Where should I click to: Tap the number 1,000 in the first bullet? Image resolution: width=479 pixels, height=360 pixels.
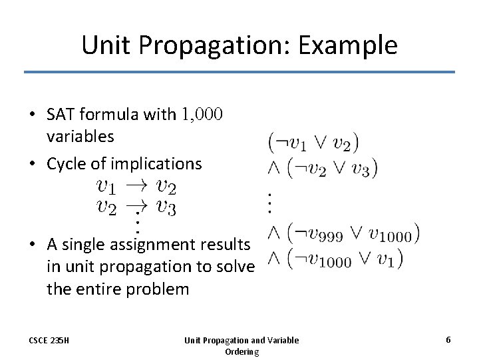[x=202, y=115]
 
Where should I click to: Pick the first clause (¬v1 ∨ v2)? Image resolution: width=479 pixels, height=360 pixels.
[x=313, y=142]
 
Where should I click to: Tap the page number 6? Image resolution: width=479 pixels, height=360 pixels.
[x=448, y=340]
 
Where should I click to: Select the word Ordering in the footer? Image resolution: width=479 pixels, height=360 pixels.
[x=241, y=351]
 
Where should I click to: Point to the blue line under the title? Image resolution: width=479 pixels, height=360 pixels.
[x=239, y=72]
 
